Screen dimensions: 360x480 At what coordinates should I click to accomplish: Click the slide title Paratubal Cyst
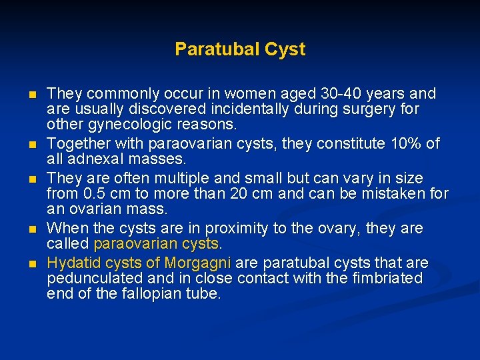click(x=240, y=49)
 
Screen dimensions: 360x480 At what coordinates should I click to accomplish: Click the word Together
click(x=78, y=143)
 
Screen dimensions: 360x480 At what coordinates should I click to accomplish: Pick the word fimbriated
click(x=383, y=278)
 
